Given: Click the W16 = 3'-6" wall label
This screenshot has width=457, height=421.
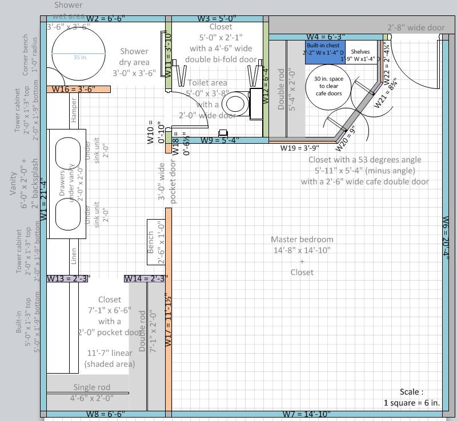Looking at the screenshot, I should tap(73, 89).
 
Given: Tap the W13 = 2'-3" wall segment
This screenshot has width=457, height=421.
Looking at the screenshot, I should tap(67, 278).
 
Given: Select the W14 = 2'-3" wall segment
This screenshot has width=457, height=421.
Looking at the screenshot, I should tap(145, 278).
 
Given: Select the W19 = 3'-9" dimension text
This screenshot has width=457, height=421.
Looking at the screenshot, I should tap(299, 148).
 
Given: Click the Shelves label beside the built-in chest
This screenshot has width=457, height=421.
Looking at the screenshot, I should tap(360, 55).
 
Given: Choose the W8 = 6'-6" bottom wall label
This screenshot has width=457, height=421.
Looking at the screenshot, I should tap(106, 414).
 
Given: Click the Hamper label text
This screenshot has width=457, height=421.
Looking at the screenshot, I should tap(74, 110).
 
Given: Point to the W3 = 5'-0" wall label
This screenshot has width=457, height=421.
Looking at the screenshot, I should tap(217, 18).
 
